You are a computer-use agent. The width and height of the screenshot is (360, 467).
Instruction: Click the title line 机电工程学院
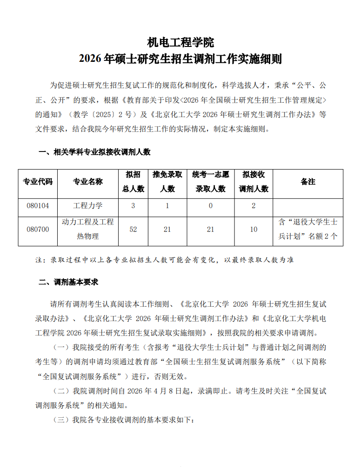(x=180, y=43)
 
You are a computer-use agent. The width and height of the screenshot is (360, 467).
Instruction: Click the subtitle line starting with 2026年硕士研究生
(x=180, y=59)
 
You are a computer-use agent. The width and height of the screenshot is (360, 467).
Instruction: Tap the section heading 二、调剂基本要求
(x=68, y=282)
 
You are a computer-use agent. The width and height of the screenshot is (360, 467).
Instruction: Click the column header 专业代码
(x=38, y=182)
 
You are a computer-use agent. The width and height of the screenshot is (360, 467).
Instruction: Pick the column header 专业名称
(x=87, y=182)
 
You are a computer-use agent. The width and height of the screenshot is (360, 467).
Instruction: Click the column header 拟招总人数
(x=133, y=182)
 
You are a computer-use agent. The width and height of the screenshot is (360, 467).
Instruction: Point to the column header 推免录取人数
(x=167, y=182)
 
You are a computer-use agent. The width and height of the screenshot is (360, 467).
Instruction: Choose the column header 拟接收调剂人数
(x=253, y=182)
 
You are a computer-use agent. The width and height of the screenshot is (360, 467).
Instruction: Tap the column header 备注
(x=308, y=182)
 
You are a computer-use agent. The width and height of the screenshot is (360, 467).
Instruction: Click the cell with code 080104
(x=38, y=205)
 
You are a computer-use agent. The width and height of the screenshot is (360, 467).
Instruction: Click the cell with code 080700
(x=38, y=229)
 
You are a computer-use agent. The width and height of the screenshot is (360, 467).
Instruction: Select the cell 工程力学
(x=87, y=205)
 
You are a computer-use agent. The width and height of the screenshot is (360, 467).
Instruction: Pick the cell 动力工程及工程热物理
(x=87, y=229)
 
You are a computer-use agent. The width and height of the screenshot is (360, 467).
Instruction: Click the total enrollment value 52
(x=133, y=229)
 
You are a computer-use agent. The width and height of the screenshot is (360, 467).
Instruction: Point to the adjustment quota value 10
(x=253, y=229)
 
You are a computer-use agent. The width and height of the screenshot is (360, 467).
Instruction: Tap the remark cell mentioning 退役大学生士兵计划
(x=308, y=229)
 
